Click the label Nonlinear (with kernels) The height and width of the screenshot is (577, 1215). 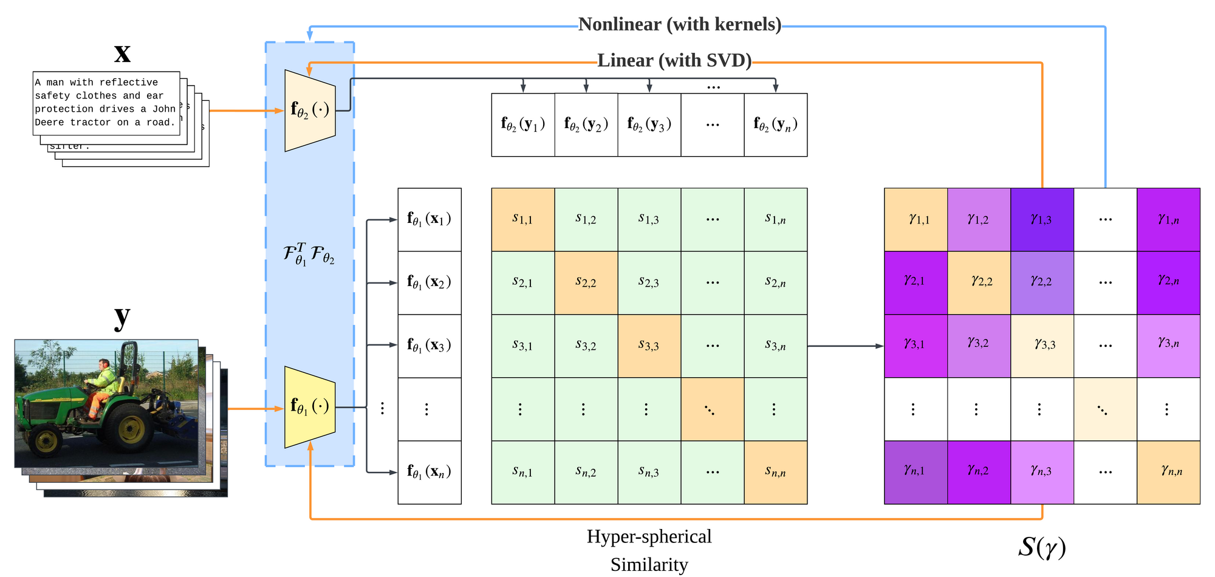tap(680, 24)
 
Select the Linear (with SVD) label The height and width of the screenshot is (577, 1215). tap(674, 61)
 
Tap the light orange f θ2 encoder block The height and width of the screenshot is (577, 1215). tap(310, 111)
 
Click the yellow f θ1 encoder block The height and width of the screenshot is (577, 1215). tap(310, 407)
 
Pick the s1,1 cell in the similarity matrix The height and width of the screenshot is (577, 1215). tap(523, 220)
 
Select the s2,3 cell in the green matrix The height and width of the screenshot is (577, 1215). tap(649, 283)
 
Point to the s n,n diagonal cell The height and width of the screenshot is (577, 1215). tap(776, 473)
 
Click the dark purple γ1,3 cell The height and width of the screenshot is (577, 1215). tap(1042, 220)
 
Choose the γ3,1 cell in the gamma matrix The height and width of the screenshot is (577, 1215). tap(916, 346)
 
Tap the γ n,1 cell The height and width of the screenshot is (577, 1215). tap(916, 473)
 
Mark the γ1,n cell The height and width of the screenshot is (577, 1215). tap(1169, 220)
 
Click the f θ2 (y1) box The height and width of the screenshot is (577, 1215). tap(523, 125)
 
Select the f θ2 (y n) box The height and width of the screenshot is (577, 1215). tap(776, 125)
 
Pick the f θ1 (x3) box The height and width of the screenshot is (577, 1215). tap(430, 346)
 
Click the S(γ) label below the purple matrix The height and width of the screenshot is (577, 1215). tap(1042, 547)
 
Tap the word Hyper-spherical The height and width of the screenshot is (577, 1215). tap(649, 537)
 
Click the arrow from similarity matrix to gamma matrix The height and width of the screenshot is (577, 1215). tap(846, 346)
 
